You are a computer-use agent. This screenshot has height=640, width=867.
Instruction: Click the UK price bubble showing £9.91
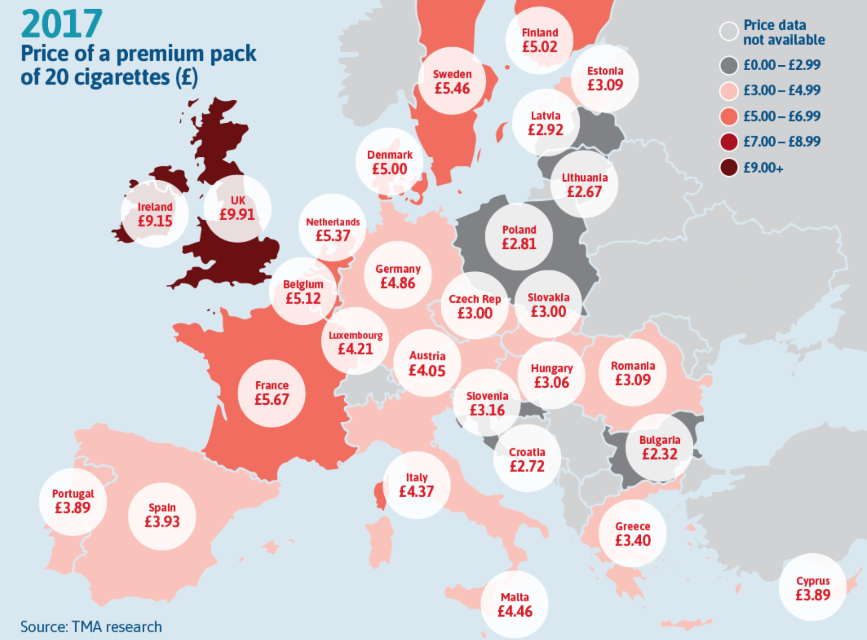tap(237, 208)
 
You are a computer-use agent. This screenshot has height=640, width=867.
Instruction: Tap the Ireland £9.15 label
tap(155, 214)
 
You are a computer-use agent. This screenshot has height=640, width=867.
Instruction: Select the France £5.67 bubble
tap(272, 393)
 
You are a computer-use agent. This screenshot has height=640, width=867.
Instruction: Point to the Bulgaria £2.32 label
tap(659, 448)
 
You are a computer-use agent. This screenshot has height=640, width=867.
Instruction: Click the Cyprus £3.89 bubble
tap(812, 588)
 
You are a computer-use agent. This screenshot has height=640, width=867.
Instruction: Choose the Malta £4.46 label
tap(514, 604)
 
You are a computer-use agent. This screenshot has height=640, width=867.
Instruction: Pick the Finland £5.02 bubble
tap(539, 40)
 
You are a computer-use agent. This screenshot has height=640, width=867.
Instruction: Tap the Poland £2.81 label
tap(519, 237)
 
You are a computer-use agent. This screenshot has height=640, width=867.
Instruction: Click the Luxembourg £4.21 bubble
tap(355, 342)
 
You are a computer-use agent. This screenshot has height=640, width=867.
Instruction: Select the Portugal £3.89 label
tap(73, 501)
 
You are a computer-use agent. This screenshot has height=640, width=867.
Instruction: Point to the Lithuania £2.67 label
tap(584, 185)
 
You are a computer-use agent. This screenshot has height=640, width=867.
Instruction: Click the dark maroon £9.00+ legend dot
tap(729, 168)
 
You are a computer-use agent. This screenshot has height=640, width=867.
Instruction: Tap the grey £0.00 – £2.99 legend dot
tap(729, 65)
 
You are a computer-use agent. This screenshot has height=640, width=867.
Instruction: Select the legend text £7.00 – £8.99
tap(782, 142)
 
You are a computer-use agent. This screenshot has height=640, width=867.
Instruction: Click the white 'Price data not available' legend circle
tap(729, 32)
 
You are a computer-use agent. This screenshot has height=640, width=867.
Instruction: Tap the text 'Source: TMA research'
tap(91, 627)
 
